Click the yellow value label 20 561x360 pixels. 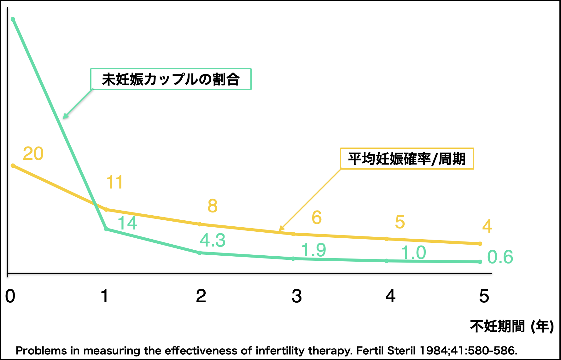[x=33, y=154]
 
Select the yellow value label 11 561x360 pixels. [x=114, y=182]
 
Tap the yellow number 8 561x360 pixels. [x=213, y=206]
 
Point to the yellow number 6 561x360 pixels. [x=317, y=218]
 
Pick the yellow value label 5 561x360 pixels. [x=400, y=222]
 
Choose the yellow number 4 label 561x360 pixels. [x=487, y=226]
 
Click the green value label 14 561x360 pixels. [x=127, y=224]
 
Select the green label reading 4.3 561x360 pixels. [x=213, y=241]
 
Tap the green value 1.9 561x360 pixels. [x=313, y=250]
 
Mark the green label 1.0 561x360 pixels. [x=413, y=253]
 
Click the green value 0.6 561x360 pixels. [x=500, y=257]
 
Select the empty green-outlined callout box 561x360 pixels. [x=171, y=79]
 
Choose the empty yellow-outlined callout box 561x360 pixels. [x=407, y=158]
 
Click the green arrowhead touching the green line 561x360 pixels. [x=64, y=117]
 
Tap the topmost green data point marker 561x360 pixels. [x=13, y=19]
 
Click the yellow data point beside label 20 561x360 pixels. [x=13, y=165]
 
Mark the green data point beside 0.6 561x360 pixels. [x=480, y=262]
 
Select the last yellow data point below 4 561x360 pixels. [x=480, y=244]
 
